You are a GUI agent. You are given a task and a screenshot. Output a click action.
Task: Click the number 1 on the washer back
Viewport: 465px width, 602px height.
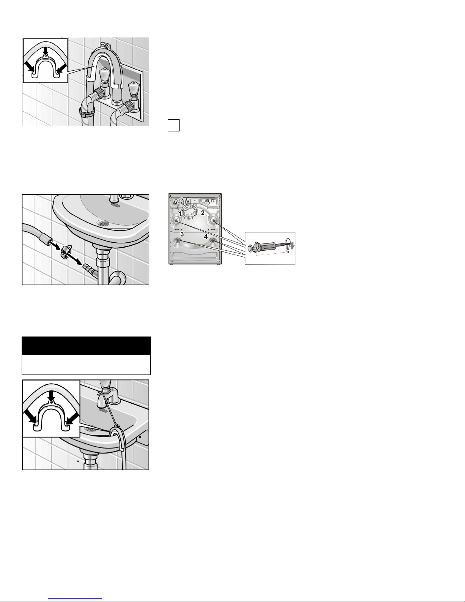pyautogui.click(x=180, y=214)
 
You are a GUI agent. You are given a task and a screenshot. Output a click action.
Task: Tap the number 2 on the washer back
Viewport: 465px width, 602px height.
pyautogui.click(x=203, y=213)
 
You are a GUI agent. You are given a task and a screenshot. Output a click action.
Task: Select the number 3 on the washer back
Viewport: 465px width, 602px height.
pyautogui.click(x=182, y=234)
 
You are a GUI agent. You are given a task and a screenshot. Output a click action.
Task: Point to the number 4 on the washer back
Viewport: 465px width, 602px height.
pyautogui.click(x=206, y=237)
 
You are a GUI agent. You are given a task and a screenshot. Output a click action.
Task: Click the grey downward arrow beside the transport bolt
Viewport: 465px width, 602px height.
pyautogui.click(x=292, y=246)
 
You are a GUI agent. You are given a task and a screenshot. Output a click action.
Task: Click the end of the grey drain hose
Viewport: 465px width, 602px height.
pyautogui.click(x=46, y=238)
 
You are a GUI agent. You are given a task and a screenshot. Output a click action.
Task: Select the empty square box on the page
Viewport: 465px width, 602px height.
pyautogui.click(x=173, y=125)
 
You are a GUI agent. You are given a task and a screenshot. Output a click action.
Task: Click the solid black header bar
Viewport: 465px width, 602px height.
pyautogui.click(x=87, y=346)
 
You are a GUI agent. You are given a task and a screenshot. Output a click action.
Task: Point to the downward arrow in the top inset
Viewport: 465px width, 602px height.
pyautogui.click(x=46, y=51)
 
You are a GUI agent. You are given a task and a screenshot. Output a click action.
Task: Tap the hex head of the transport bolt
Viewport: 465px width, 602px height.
pyautogui.click(x=251, y=247)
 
